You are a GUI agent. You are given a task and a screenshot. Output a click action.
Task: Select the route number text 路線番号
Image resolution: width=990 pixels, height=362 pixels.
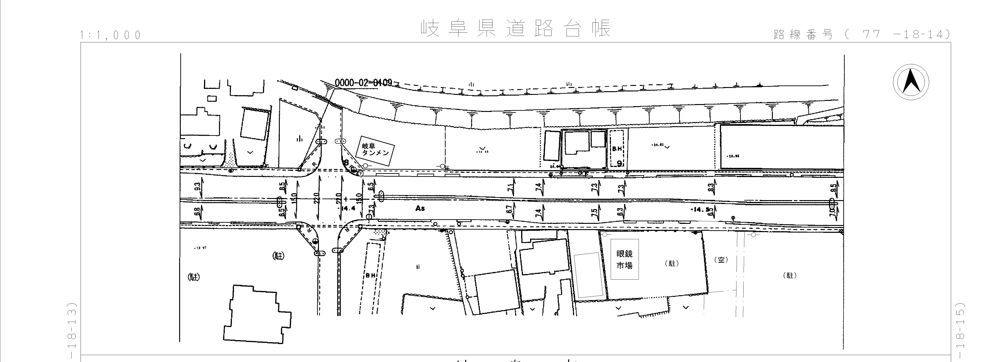803,35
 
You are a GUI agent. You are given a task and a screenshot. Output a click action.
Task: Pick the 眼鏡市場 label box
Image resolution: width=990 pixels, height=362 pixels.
625,259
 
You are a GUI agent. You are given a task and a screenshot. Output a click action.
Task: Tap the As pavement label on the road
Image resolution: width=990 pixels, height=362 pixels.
420,208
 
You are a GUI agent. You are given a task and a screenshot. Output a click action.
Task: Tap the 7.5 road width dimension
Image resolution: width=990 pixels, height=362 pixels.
595,212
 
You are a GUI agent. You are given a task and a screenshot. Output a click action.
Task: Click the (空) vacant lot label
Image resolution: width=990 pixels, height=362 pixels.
721,260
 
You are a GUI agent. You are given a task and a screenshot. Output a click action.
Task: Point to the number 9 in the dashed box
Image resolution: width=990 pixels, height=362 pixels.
619,163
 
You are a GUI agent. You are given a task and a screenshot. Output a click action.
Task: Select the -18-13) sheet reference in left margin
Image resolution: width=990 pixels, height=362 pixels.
73,330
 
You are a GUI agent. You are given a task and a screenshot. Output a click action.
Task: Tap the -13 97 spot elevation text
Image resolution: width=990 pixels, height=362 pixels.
201,248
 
